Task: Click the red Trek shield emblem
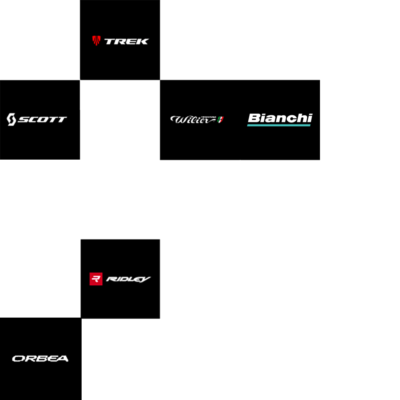(96, 40)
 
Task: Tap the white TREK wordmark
(126, 41)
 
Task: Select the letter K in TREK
(143, 41)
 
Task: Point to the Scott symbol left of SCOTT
(12, 119)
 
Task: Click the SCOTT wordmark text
(42, 120)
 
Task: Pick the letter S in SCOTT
(23, 120)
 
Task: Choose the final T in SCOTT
(62, 120)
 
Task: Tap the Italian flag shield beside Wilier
(220, 120)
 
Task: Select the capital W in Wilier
(177, 120)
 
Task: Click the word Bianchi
(280, 118)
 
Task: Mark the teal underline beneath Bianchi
(279, 125)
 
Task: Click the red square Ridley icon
(96, 279)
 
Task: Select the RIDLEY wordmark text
(128, 279)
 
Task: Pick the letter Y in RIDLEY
(146, 279)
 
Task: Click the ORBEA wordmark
(40, 358)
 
